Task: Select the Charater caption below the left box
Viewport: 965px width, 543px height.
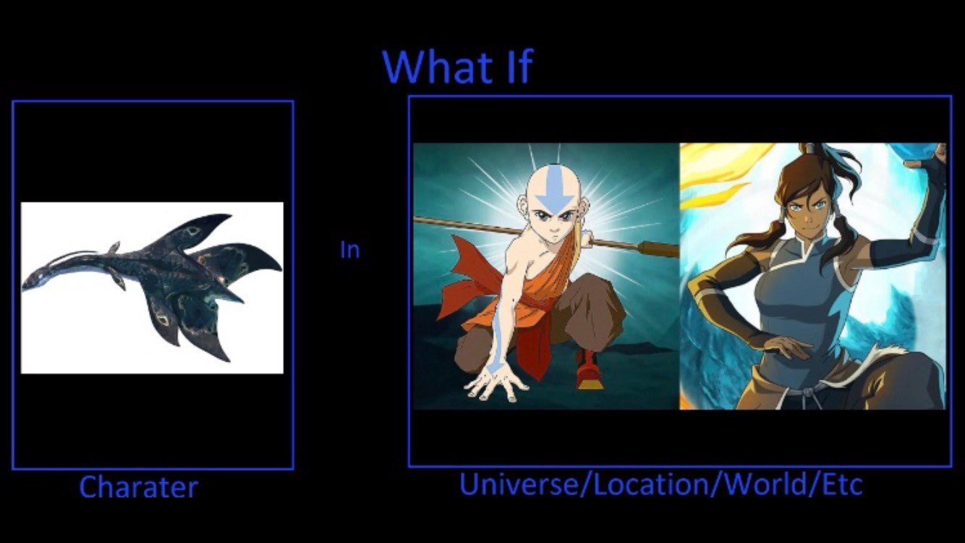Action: point(138,487)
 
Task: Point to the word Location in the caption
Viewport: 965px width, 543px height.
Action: point(653,484)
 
